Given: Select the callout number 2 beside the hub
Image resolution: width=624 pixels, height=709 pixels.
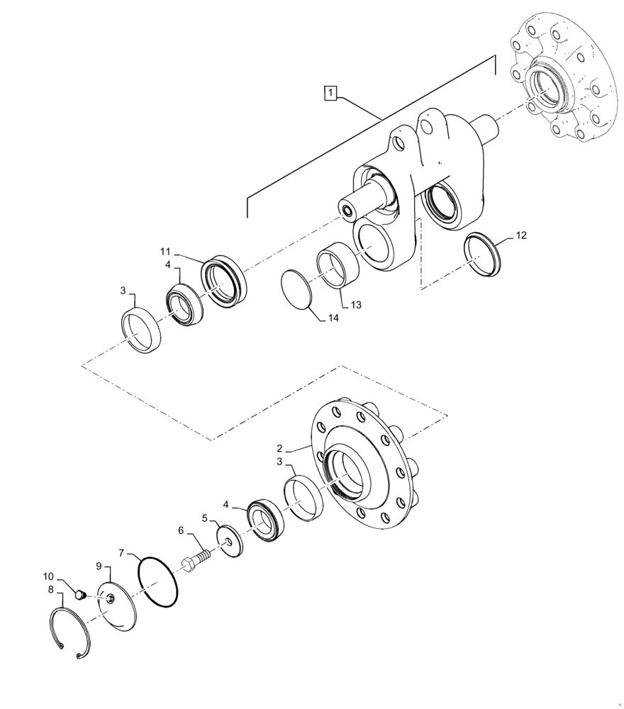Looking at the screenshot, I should click(x=280, y=449).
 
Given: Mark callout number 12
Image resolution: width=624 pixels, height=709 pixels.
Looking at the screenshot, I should click(x=522, y=235).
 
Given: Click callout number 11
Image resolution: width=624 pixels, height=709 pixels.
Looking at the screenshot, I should click(x=166, y=251).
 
